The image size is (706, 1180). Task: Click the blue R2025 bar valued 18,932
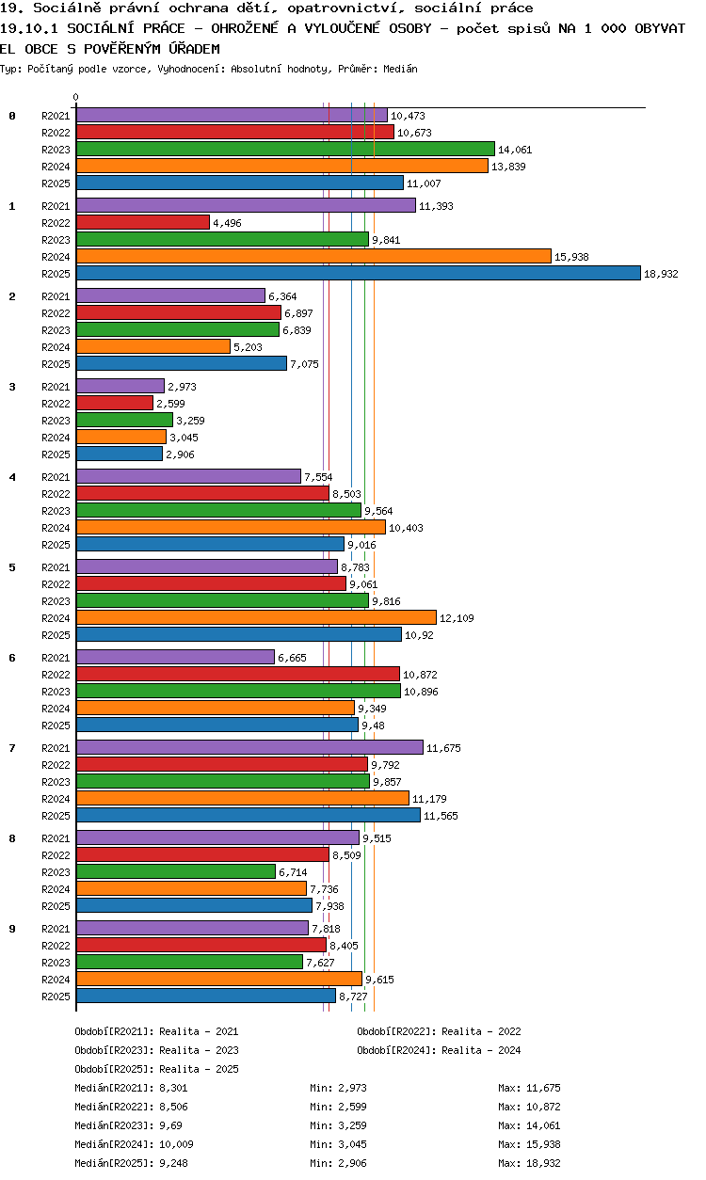tap(359, 273)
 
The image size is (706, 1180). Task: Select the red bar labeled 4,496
tap(143, 222)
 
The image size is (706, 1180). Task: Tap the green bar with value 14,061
tap(285, 149)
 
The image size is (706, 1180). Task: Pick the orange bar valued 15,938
tap(313, 256)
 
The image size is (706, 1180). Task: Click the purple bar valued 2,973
tap(120, 386)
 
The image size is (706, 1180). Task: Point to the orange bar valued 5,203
tap(153, 346)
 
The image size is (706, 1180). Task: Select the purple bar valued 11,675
tap(249, 747)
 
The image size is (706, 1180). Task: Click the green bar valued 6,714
tap(176, 872)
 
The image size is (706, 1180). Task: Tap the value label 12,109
tap(457, 618)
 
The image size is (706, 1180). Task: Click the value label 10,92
tap(420, 635)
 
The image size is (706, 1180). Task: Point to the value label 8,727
tap(353, 997)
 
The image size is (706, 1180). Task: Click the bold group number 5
tap(12, 567)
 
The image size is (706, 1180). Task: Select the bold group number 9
tap(12, 929)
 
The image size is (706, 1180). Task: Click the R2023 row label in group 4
tap(56, 511)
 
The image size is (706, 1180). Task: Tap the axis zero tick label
tap(76, 97)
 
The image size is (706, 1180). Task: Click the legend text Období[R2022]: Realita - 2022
tap(439, 1031)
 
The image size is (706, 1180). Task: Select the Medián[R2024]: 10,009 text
tap(134, 1144)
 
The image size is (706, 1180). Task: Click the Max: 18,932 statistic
tap(529, 1163)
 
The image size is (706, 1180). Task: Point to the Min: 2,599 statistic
tap(338, 1107)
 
